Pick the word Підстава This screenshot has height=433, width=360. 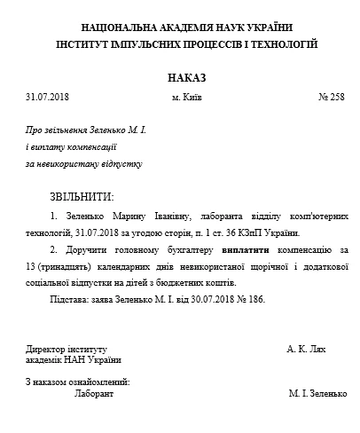tap(70, 298)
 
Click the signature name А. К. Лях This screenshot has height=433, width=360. tap(307, 349)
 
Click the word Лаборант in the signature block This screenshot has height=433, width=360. tap(94, 392)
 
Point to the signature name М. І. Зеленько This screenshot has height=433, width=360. tap(317, 392)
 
